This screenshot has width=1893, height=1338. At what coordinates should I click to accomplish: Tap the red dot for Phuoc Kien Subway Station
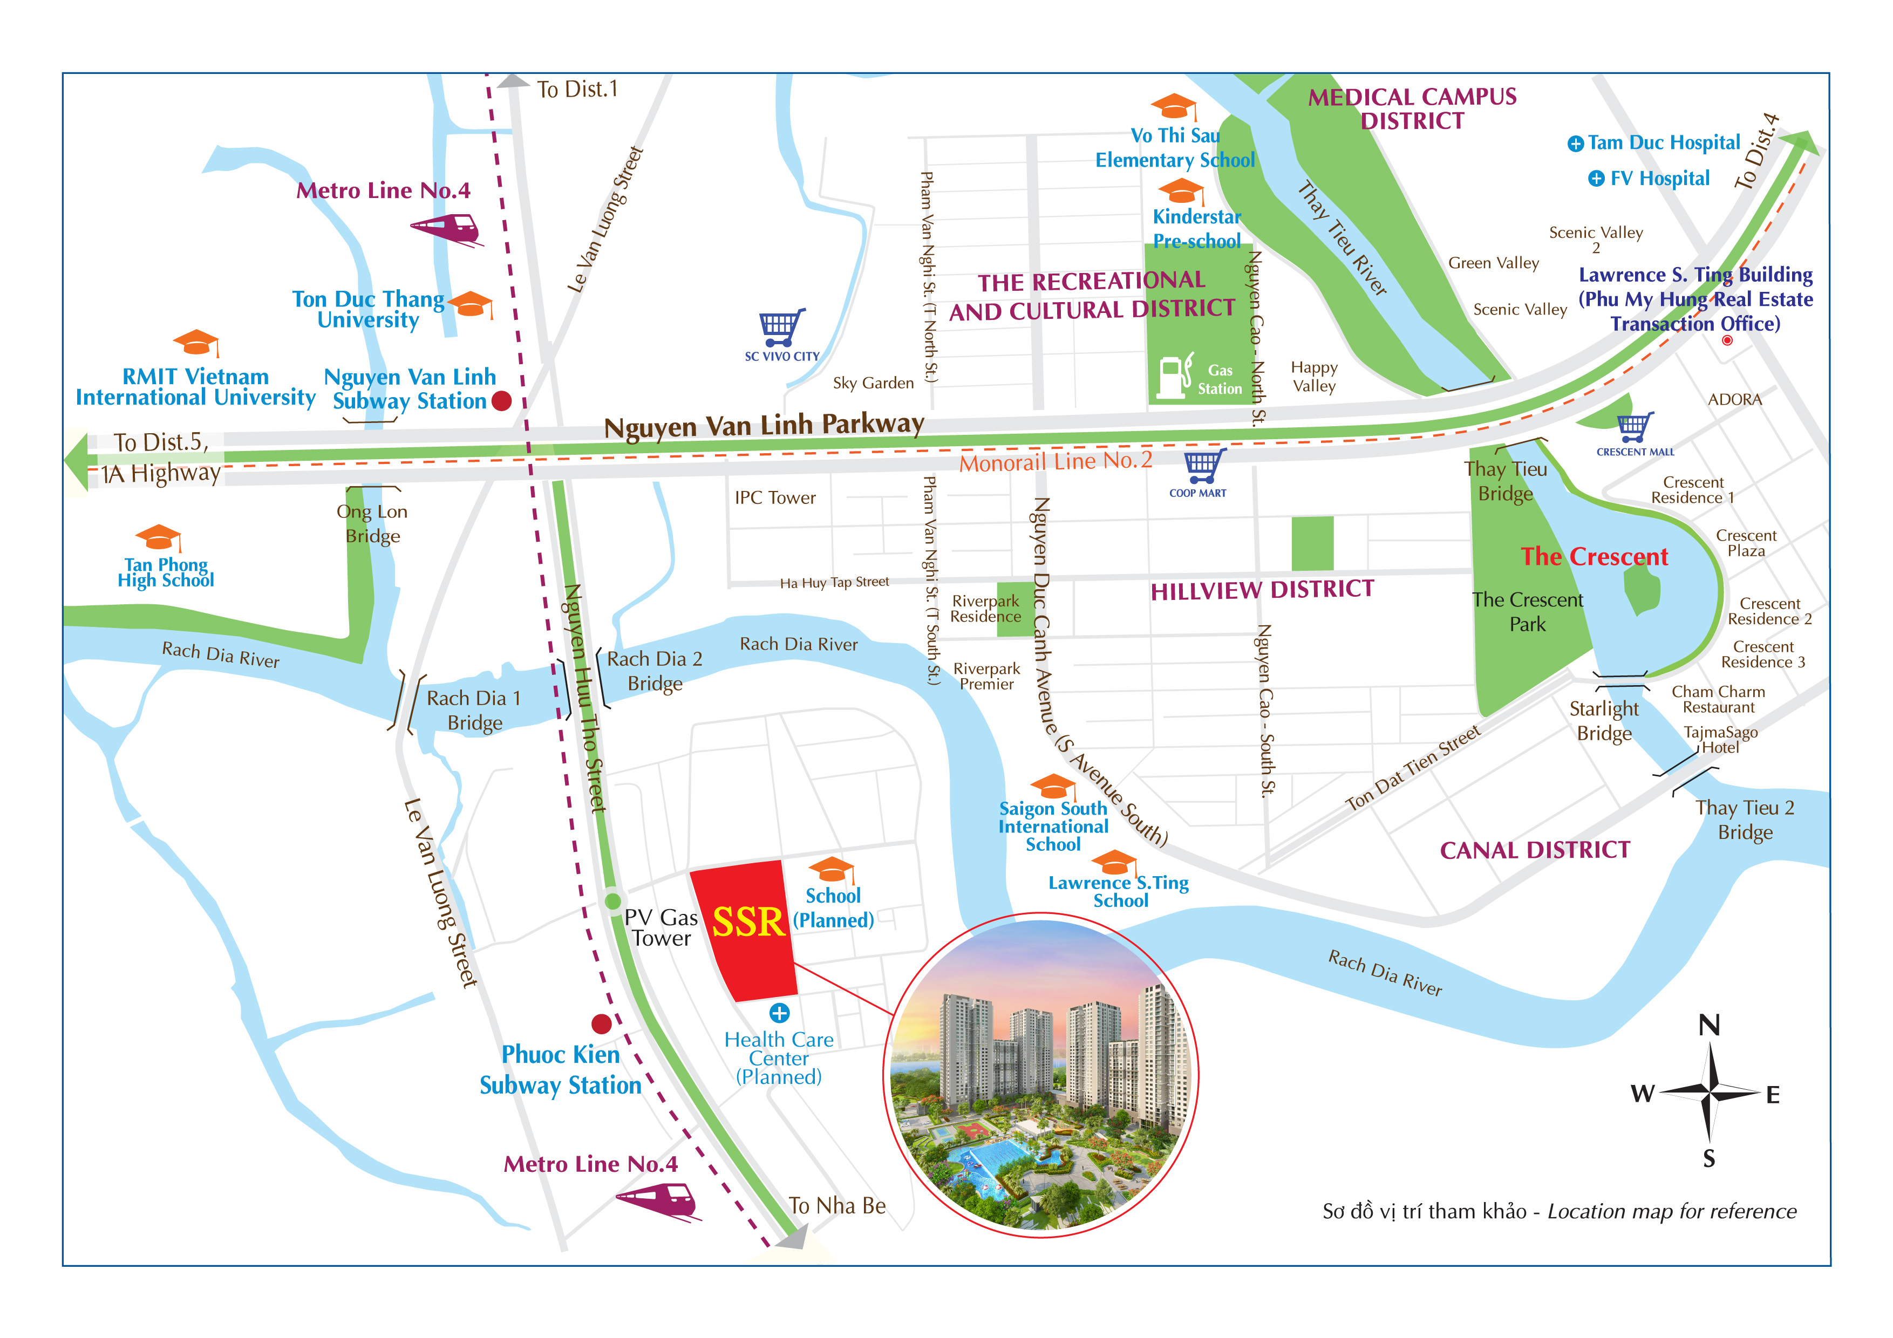point(602,1024)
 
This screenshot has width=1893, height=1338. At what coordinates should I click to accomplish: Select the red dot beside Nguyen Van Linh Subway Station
point(501,401)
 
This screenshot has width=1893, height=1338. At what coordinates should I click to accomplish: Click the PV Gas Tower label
point(661,927)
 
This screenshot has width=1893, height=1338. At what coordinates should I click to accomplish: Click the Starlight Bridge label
point(1604,721)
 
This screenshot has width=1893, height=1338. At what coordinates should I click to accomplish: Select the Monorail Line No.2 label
point(1056,462)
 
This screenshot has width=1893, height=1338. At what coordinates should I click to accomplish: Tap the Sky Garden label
point(873,383)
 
